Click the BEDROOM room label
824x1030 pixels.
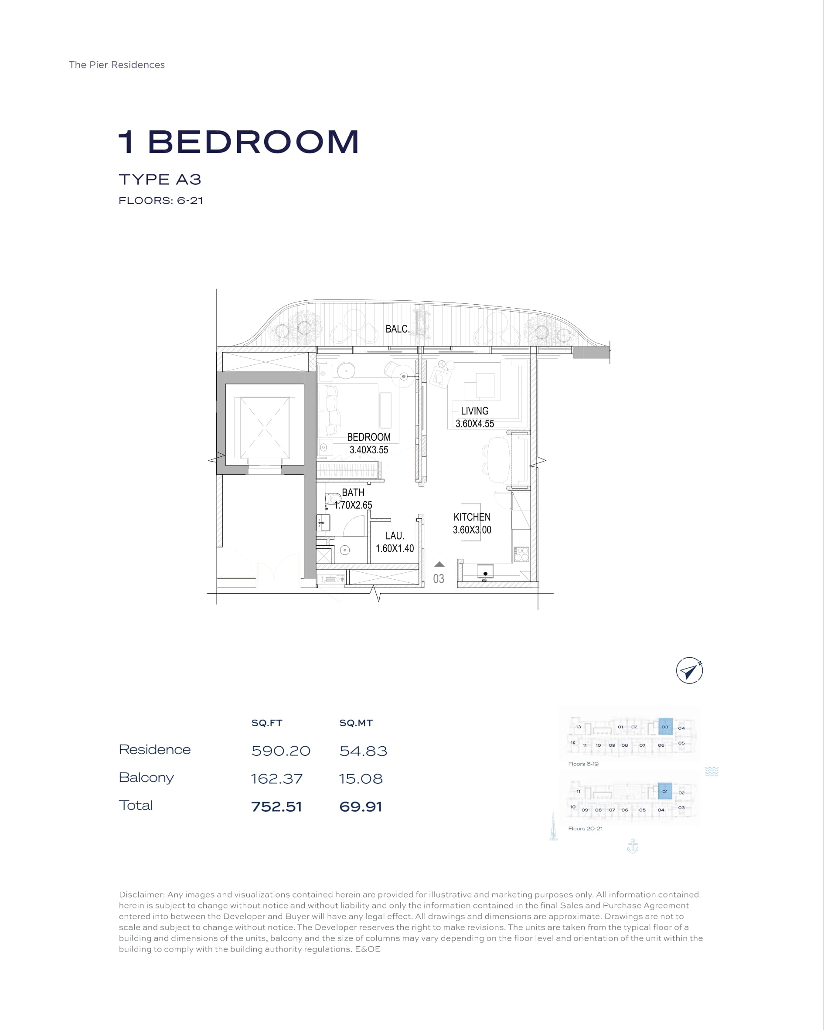(368, 437)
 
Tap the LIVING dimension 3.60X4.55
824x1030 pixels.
(475, 424)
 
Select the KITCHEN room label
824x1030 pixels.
(472, 517)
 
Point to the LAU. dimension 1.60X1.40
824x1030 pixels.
(395, 548)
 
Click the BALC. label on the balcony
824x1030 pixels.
(398, 329)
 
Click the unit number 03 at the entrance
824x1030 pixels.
(438, 579)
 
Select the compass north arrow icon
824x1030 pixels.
(689, 671)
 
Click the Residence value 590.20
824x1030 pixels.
(281, 751)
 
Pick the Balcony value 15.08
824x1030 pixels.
(361, 778)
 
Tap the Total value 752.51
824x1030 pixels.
(277, 807)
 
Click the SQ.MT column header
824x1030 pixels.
(356, 723)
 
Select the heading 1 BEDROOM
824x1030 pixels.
(239, 142)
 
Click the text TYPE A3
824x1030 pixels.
(160, 180)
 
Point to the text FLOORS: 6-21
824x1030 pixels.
(161, 201)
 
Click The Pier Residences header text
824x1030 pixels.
(116, 65)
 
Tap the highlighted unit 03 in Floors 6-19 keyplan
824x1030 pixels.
(665, 727)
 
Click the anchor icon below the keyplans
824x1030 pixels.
(633, 846)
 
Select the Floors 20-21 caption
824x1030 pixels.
(586, 828)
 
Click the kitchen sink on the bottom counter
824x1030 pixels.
(485, 572)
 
